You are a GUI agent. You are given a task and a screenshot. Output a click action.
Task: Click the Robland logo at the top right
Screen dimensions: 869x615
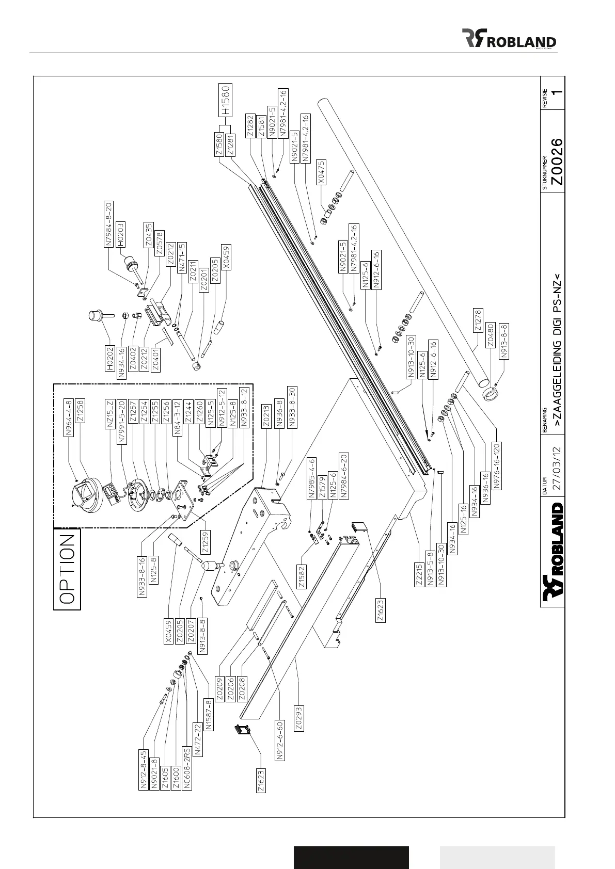[509, 38]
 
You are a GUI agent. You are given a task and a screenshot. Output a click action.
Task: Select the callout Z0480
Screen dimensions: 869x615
[491, 335]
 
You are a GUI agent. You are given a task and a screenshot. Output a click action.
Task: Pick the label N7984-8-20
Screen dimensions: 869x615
[109, 224]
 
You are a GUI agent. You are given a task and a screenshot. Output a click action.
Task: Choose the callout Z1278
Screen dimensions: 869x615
[478, 321]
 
